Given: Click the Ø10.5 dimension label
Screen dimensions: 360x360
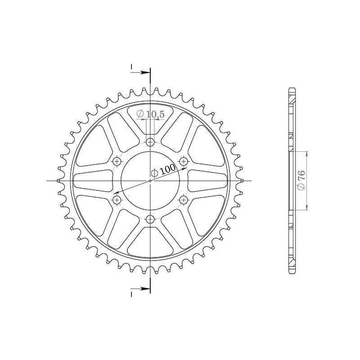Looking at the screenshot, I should pos(150,115).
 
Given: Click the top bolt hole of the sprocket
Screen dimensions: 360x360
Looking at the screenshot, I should pos(150,142).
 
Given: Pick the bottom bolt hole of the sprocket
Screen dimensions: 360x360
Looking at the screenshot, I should pos(150,219).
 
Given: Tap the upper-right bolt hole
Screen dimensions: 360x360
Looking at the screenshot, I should pos(184,161).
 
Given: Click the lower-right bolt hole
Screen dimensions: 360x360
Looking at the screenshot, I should pos(184,199).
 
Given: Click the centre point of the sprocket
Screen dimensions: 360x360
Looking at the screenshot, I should pos(150,180).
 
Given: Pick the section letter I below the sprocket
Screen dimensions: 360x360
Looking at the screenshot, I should pos(132,293).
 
